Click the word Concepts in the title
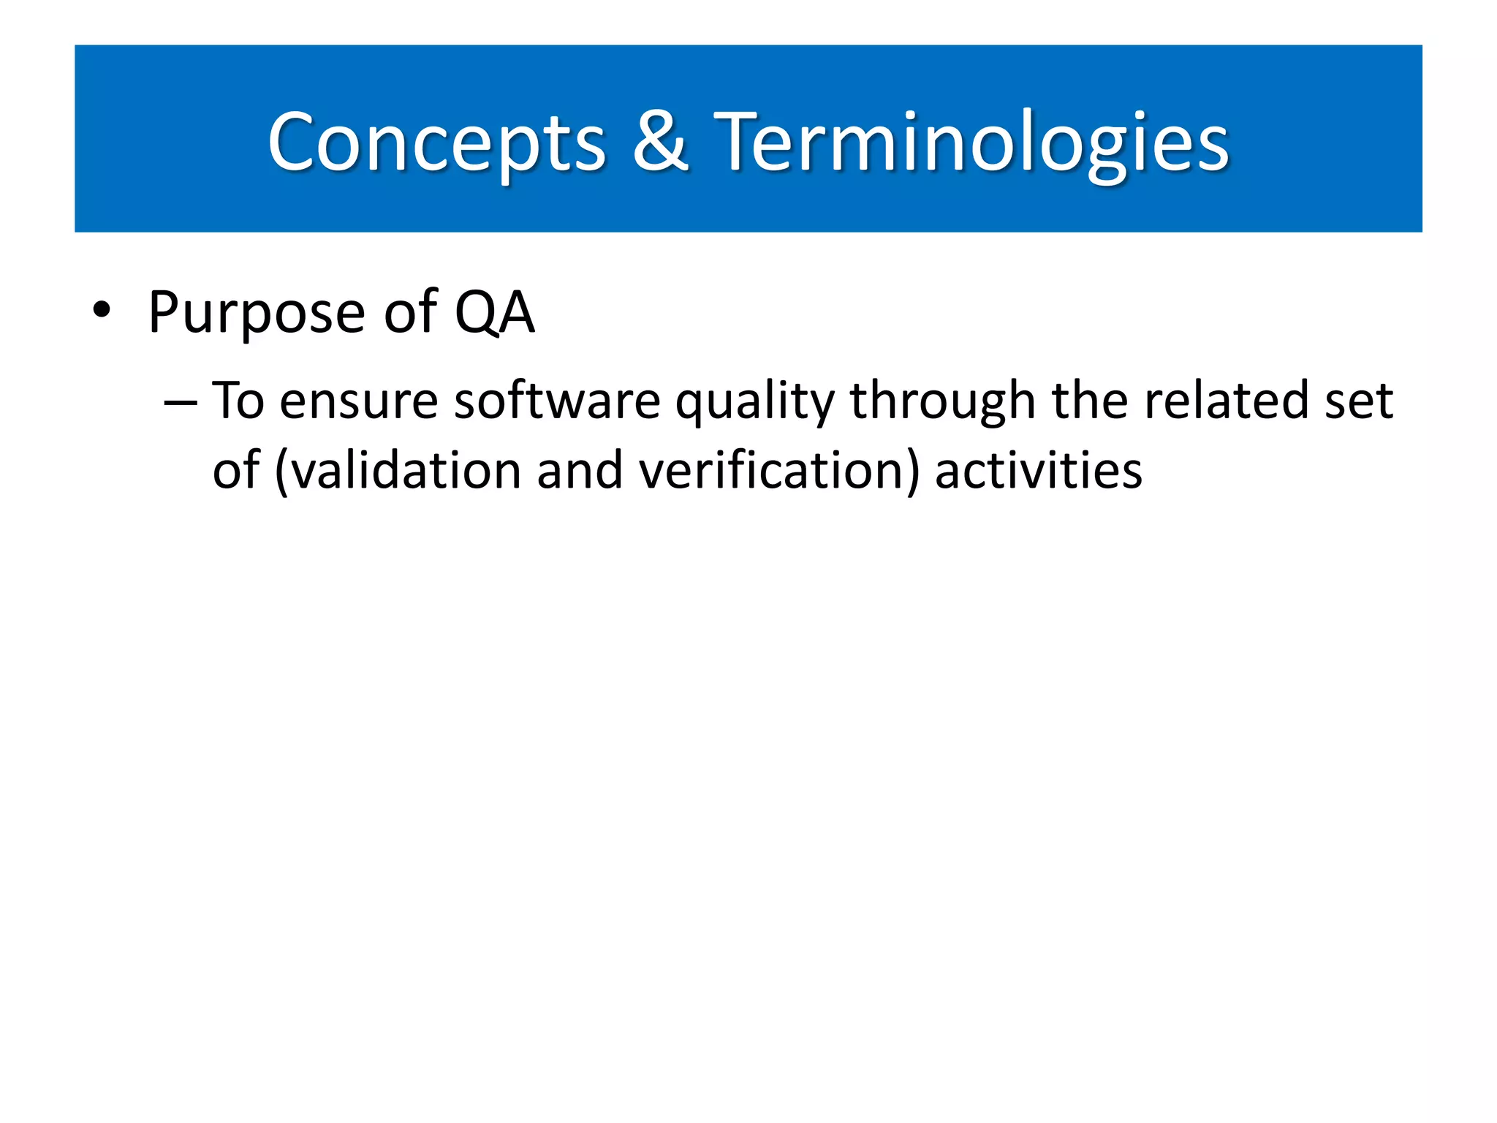(x=436, y=143)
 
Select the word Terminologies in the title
(x=971, y=143)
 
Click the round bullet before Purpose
(x=102, y=312)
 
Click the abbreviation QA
(x=495, y=312)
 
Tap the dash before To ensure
(x=180, y=403)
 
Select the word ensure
(x=358, y=403)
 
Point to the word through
(x=942, y=403)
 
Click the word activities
(x=1038, y=470)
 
